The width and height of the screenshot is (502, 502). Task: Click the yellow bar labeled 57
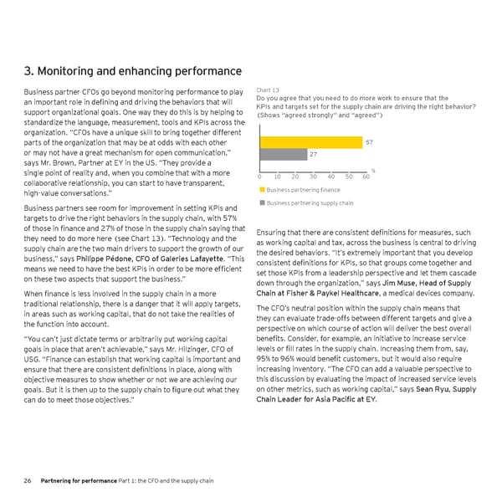tap(310, 142)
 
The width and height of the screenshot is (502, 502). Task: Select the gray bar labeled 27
tap(284, 154)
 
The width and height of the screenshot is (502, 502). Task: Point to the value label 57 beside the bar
tap(370, 142)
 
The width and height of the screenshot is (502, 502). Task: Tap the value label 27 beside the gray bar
tap(314, 155)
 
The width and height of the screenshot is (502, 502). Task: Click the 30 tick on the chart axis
tap(312, 176)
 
